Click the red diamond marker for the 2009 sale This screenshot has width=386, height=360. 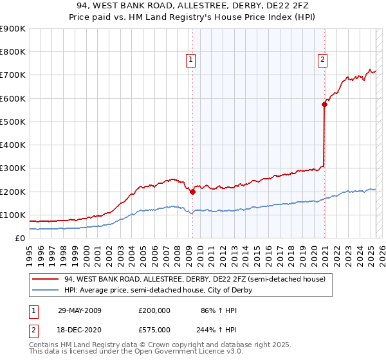(x=192, y=191)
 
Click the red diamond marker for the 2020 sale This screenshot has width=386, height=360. (x=324, y=104)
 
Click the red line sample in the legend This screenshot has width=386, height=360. (x=45, y=279)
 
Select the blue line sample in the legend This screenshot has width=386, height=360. (x=45, y=290)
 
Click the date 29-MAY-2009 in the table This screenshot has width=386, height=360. (x=79, y=310)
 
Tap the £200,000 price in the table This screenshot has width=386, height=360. (x=154, y=310)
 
